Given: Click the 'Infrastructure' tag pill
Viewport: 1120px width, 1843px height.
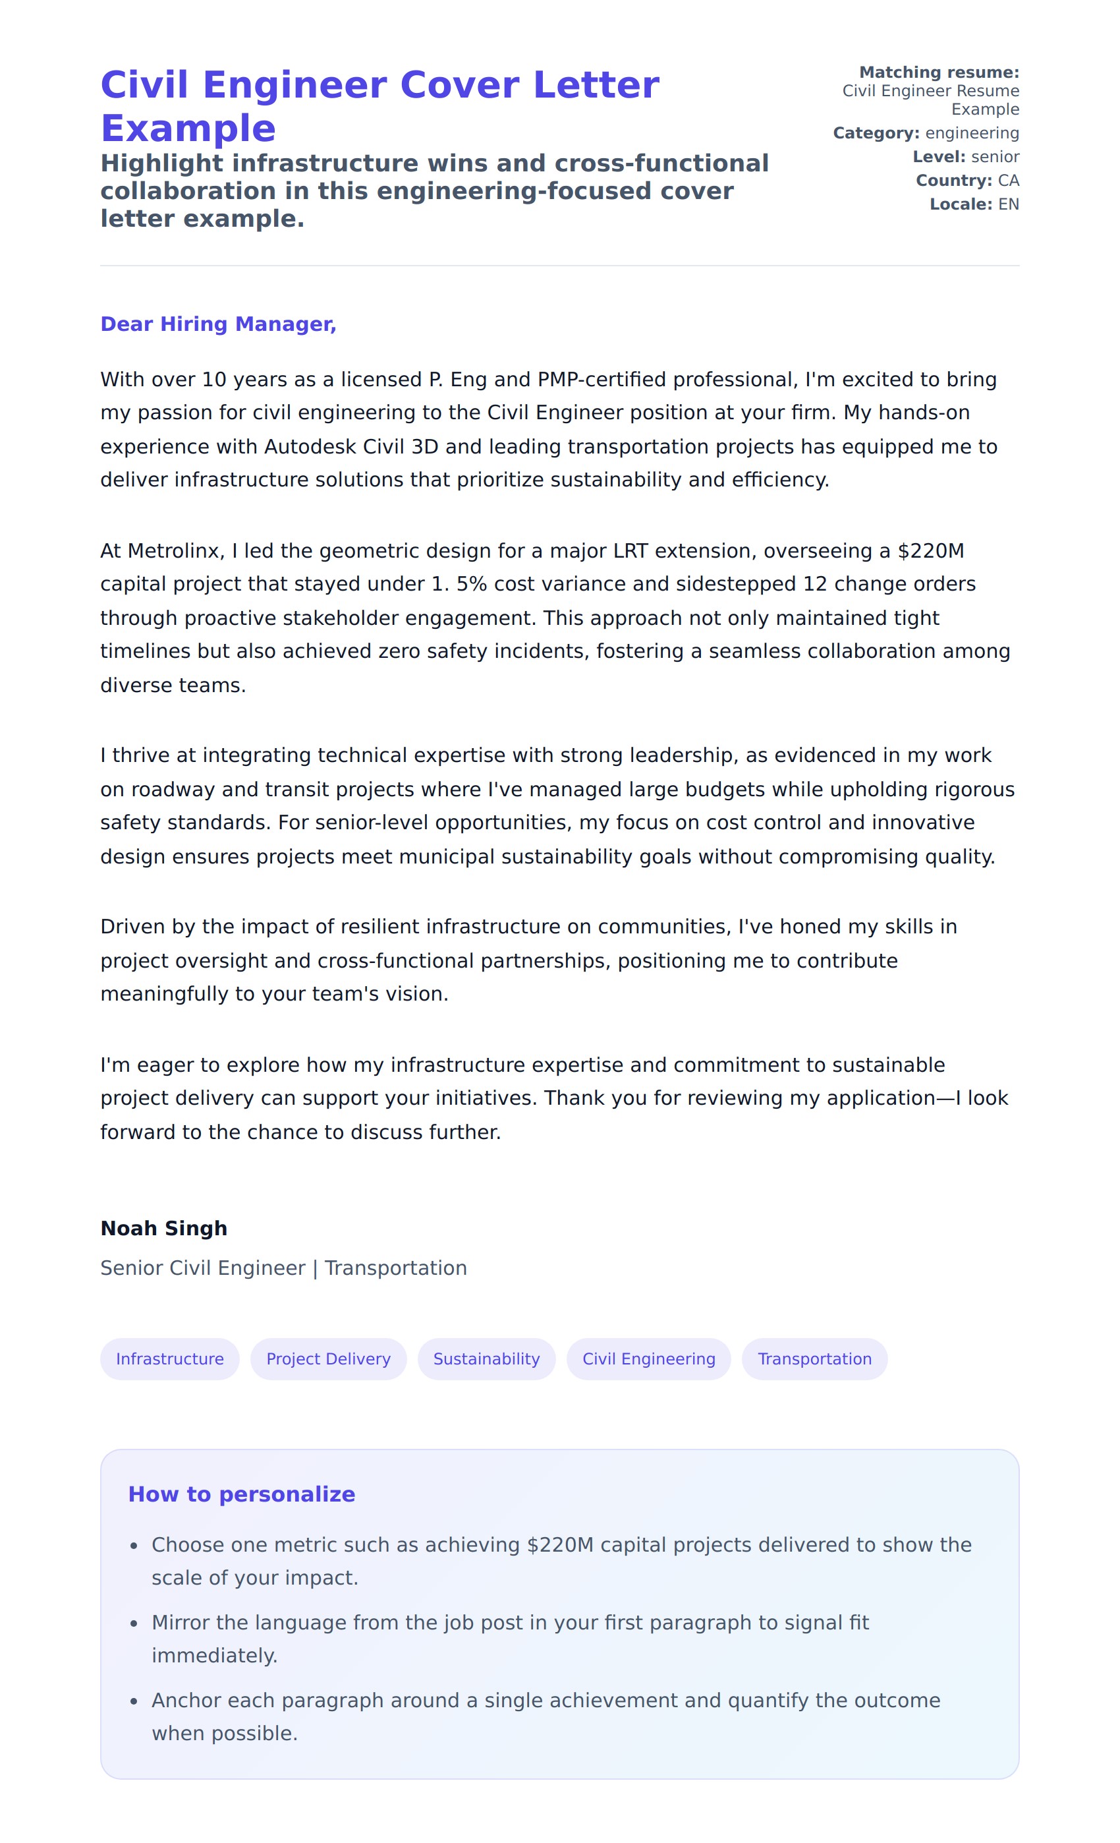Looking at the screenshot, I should coord(170,1359).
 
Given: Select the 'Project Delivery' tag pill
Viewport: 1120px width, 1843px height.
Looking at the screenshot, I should coord(328,1359).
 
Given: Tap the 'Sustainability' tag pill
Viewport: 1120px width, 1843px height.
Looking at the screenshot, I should coord(486,1359).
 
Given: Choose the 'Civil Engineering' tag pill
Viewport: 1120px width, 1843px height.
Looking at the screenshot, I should coord(648,1359).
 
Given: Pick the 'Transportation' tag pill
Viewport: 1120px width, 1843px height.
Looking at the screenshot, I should coord(814,1359).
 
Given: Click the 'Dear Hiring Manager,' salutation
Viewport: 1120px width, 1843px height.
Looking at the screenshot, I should coord(218,324).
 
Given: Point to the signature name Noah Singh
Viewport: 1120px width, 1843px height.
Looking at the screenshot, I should coord(164,1228).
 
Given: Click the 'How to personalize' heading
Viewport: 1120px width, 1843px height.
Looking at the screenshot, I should coord(242,1494).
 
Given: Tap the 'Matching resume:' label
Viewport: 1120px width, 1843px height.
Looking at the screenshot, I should coord(938,73).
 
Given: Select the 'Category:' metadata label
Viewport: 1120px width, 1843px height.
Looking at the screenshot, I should coord(876,133).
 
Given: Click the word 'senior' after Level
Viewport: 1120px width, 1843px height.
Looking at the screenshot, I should coord(994,157).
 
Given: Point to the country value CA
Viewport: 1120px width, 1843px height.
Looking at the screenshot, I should coord(1008,181).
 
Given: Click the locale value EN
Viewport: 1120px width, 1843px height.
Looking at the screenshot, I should coord(1008,205).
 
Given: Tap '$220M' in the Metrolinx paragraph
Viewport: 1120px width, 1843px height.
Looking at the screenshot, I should coord(930,551).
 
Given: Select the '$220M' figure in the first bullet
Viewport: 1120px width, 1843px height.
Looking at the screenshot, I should coord(559,1544).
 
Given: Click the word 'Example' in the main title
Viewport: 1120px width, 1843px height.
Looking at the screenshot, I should coord(188,129).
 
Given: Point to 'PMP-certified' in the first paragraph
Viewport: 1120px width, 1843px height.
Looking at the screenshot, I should coord(601,380).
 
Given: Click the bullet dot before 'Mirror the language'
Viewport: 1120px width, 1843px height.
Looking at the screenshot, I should coord(134,1624).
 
